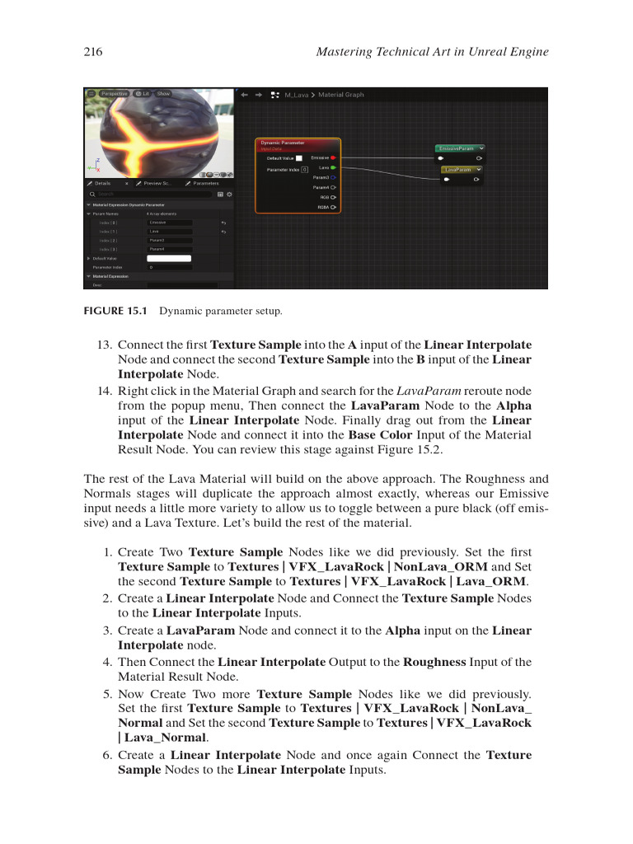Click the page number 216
click(x=93, y=52)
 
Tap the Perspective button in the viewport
click(x=114, y=94)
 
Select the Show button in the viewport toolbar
click(x=163, y=94)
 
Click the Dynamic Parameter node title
click(x=283, y=143)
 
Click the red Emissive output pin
click(x=333, y=157)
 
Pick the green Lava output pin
click(x=333, y=167)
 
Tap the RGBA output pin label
click(x=324, y=207)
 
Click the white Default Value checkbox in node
click(x=299, y=157)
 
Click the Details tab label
click(x=102, y=183)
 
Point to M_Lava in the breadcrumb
click(x=296, y=95)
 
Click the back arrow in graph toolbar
click(x=244, y=95)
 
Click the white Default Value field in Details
click(x=168, y=258)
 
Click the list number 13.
click(x=105, y=345)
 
